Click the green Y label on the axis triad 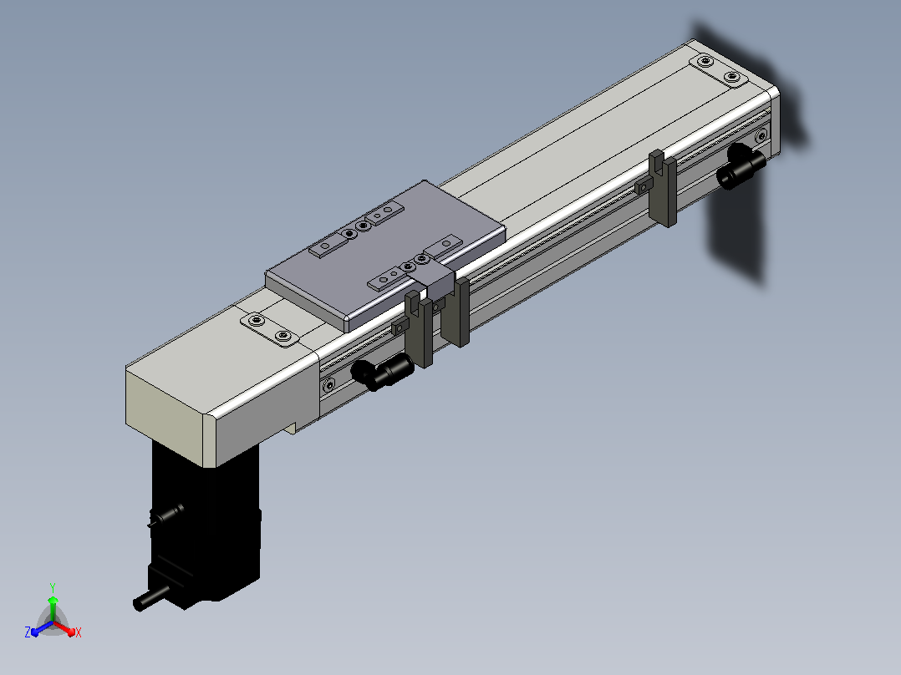coord(53,587)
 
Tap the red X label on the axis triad coord(79,632)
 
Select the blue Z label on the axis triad coord(28,632)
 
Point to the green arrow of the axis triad coord(53,608)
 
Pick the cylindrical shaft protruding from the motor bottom coord(150,599)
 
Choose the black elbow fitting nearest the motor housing coord(382,371)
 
